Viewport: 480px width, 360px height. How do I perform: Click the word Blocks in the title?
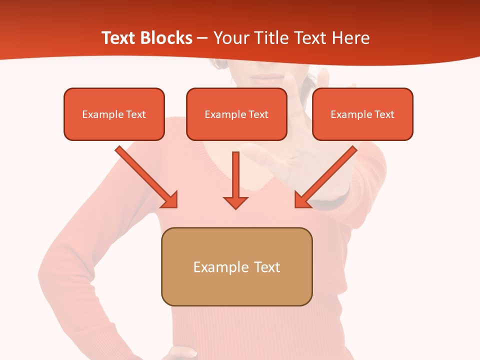167,38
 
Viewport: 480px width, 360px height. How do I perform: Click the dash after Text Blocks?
202,38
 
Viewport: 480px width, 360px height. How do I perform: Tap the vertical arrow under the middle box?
235,177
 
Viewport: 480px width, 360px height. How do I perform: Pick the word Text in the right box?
384,114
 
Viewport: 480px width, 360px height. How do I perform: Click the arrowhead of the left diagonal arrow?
170,200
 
